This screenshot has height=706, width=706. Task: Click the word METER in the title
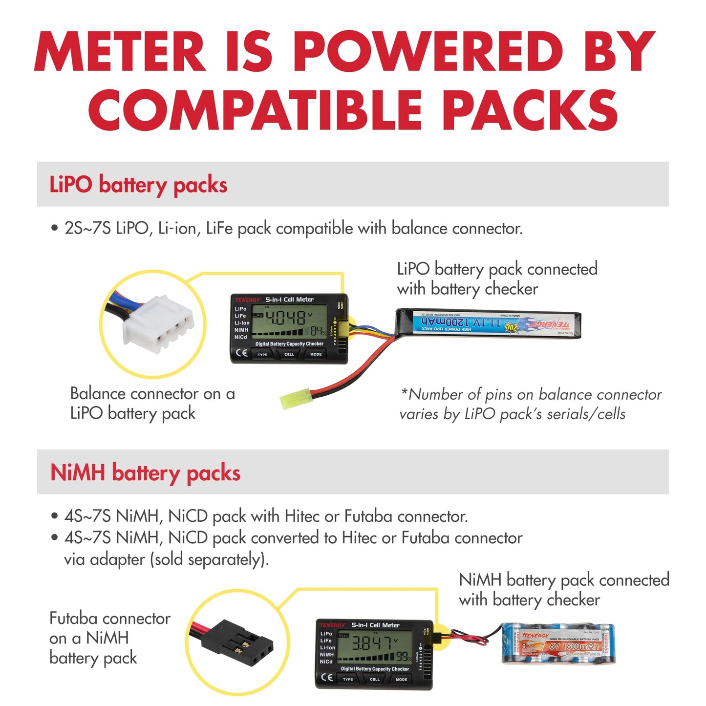click(x=120, y=52)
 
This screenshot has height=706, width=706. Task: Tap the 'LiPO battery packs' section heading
click(x=138, y=185)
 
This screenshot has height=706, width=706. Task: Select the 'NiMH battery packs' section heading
click(x=145, y=473)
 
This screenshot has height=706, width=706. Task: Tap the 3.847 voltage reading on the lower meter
click(x=373, y=643)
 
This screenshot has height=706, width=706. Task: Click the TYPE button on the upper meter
click(x=262, y=354)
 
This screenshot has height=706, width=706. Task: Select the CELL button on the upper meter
click(x=289, y=354)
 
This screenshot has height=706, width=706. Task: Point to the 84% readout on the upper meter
click(x=318, y=332)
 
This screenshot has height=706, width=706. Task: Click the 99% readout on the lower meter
click(x=404, y=656)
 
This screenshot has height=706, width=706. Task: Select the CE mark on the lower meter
click(x=327, y=678)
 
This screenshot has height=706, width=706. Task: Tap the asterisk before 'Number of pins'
click(x=404, y=392)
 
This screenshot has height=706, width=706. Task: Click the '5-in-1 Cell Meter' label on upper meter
click(x=289, y=300)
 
